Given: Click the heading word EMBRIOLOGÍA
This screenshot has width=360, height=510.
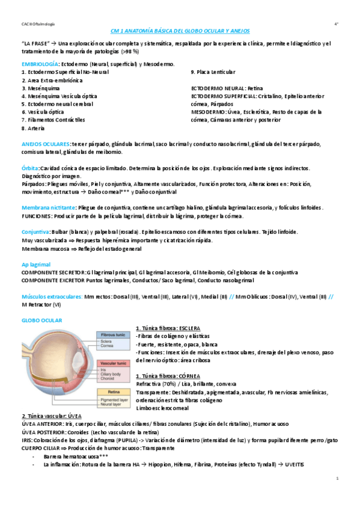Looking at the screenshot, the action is click(x=40, y=64).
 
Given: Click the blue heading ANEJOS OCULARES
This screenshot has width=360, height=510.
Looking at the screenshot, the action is click(x=45, y=144).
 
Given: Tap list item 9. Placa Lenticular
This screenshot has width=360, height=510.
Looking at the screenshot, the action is click(x=213, y=72).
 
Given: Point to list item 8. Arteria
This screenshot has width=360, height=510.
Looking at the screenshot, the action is click(x=32, y=127).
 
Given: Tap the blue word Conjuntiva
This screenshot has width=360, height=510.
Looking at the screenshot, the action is click(x=34, y=232).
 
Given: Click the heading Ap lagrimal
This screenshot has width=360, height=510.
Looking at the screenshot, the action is click(x=35, y=264).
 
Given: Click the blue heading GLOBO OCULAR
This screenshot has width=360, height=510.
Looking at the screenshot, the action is click(x=41, y=321).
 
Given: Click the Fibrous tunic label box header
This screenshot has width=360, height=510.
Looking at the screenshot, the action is click(x=112, y=334).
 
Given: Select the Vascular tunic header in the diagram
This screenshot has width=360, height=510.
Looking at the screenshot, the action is click(x=113, y=364).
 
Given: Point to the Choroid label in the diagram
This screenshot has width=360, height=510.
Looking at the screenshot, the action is click(x=109, y=379).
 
